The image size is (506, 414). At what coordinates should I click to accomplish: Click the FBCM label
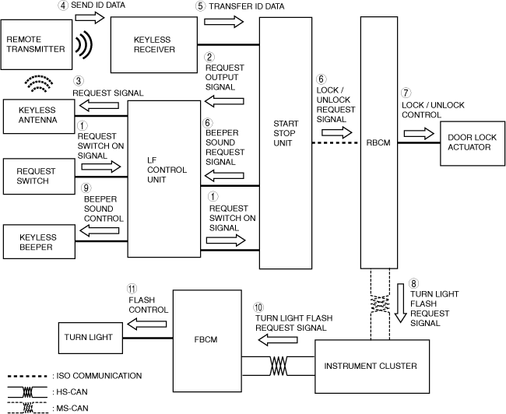tap(206, 339)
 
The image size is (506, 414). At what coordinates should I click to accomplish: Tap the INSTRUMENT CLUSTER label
tap(371, 366)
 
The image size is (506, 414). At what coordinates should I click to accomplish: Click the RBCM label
tap(378, 142)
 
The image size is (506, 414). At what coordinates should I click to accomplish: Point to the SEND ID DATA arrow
tap(90, 17)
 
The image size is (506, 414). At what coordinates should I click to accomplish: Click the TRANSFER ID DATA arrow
tap(223, 22)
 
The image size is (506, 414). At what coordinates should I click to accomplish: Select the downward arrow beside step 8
tap(400, 303)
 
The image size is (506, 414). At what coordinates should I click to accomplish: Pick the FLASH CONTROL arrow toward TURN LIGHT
tap(147, 324)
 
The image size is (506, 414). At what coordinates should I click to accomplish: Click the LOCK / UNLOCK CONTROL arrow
tap(419, 133)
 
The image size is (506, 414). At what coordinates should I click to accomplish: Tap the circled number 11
tap(132, 288)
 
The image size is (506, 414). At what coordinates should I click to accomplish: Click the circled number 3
tap(79, 81)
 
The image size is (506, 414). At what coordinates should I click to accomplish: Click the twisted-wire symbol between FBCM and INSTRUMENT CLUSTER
tap(278, 366)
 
